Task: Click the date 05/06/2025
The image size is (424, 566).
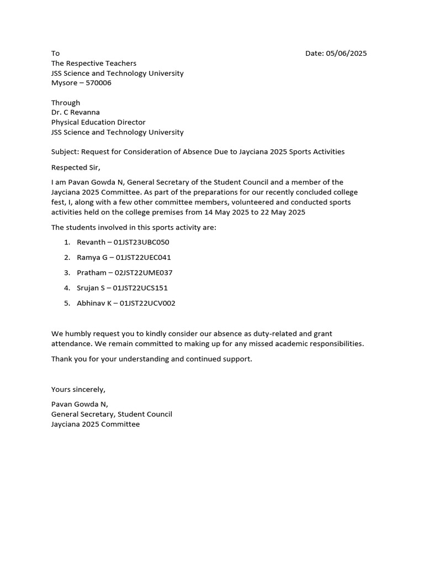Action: (x=346, y=54)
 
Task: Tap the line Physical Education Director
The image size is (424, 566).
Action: (x=98, y=122)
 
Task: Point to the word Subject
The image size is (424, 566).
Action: (x=65, y=151)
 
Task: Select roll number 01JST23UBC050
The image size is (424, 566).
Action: (x=141, y=242)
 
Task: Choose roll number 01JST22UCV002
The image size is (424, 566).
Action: (x=147, y=303)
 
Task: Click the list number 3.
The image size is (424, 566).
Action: (x=66, y=272)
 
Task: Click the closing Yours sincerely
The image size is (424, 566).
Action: (x=78, y=389)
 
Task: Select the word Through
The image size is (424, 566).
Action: (x=66, y=102)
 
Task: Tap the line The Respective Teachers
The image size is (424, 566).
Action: (x=94, y=64)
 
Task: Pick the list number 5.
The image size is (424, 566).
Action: (x=66, y=303)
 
